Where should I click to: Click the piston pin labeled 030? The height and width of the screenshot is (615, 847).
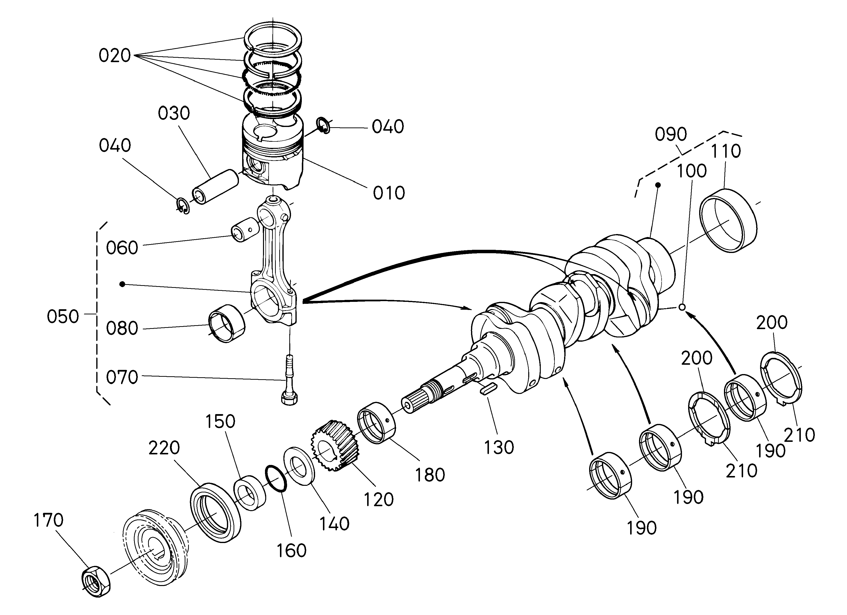point(215,186)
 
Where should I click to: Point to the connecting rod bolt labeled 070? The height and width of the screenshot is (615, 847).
point(290,381)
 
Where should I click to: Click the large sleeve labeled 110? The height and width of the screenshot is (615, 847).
point(728,220)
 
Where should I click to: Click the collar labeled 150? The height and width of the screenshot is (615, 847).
point(250,493)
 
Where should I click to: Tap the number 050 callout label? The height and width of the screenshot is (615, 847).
point(63,317)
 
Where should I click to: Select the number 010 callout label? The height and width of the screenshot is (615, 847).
point(389,193)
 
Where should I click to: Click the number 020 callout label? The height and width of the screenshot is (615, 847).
point(114,56)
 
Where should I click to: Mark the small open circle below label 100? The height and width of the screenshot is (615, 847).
point(681,307)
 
